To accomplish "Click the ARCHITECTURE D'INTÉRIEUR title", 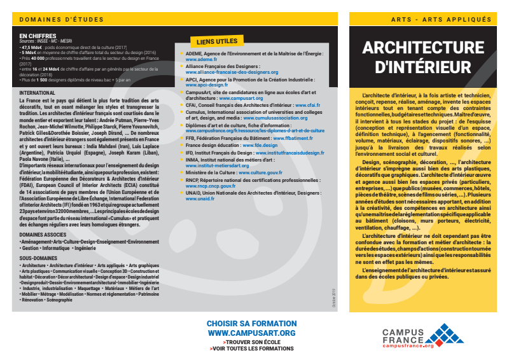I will pyautogui.click(x=422, y=57).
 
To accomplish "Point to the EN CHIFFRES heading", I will pyautogui.click(x=38, y=36).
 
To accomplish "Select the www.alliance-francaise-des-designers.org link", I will pyautogui.click(x=232, y=72).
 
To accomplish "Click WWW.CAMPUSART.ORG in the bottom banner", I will pyautogui.click(x=251, y=333).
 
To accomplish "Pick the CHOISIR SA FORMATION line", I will pyautogui.click(x=251, y=324).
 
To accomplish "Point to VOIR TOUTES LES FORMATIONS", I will pyautogui.click(x=251, y=349).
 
